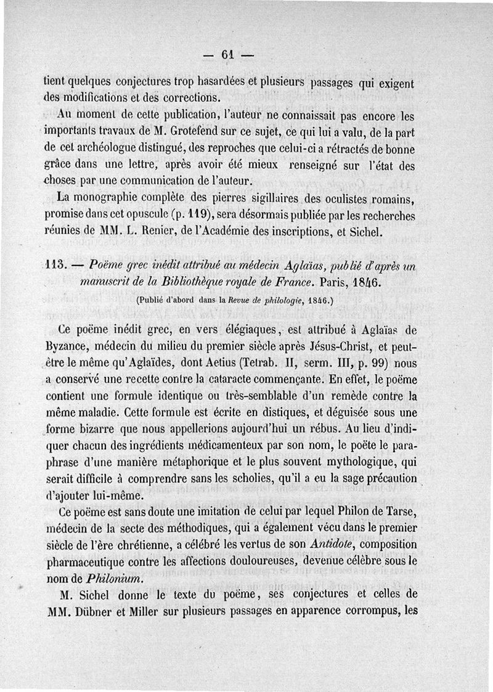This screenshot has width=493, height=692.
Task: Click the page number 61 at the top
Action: [229, 55]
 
